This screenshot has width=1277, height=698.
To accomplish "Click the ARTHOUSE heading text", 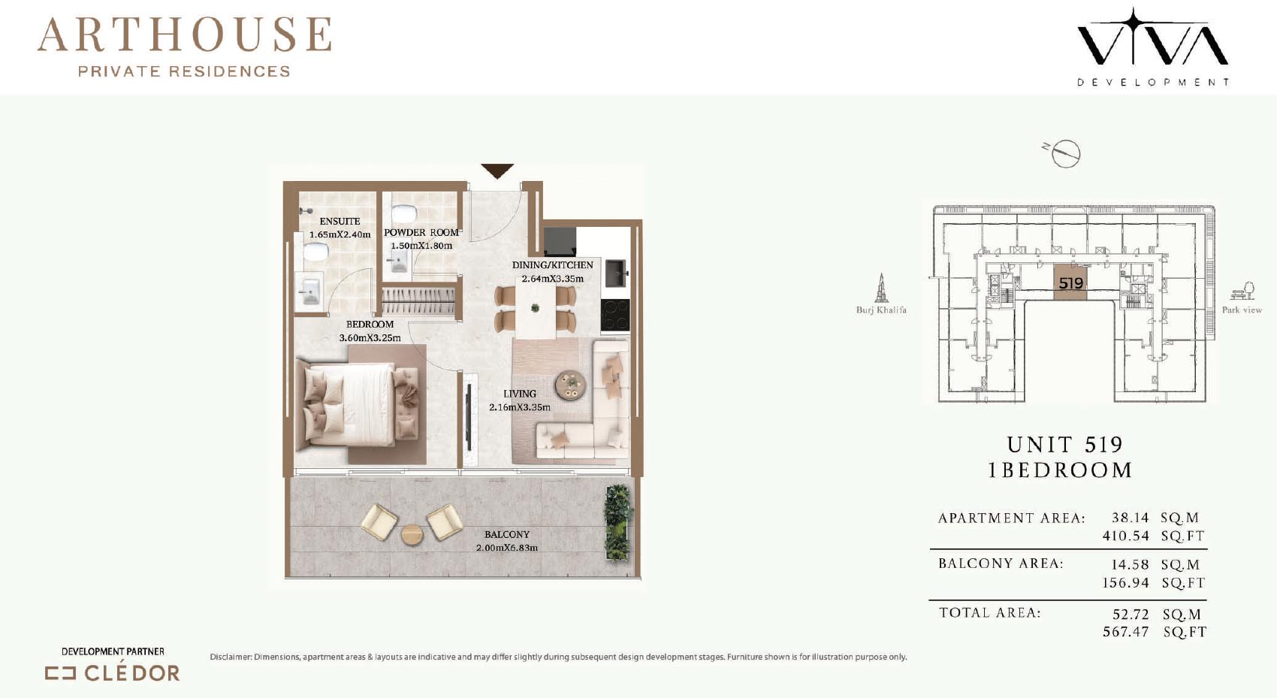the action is pos(184,35).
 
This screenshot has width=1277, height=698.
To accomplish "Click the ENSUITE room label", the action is pos(340,221).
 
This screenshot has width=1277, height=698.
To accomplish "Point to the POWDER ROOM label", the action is pos(421,233).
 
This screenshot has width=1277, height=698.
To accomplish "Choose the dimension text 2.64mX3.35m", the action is pos(552,279).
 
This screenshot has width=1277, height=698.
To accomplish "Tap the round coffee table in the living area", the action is pos(570,385).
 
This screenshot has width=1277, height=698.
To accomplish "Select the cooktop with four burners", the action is pos(615,315).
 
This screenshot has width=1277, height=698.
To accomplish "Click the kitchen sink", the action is pos(616,273).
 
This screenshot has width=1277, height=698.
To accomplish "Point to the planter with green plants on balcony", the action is pos(618,522).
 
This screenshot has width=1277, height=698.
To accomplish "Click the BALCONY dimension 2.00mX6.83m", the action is pos(507,548).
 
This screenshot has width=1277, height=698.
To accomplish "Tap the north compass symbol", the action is pos(1064,153).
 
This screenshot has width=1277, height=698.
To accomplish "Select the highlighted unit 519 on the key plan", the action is pos(1070,283).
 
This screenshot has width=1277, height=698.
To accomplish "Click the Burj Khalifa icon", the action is pos(881,288).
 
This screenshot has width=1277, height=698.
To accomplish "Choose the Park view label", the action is pos(1242,310).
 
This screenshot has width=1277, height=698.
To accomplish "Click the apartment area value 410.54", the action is pos(1125,536).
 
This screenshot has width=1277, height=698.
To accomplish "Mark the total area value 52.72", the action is pos(1131,614).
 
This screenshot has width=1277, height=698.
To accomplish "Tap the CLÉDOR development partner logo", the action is pos(113,673).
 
